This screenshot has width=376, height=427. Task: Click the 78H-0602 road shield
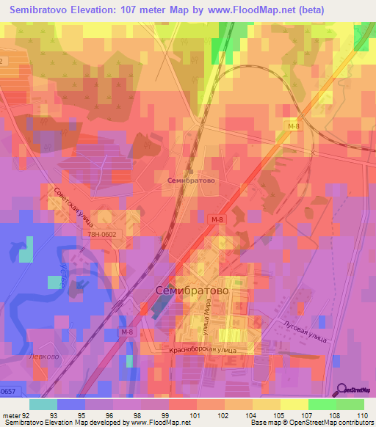pos(99,234)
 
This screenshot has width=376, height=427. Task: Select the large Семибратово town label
pos(192,291)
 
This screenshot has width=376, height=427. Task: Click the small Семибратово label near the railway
pos(190,180)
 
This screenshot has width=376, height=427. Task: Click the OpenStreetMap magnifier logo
pos(342,390)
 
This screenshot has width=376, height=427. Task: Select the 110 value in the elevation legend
pos(361,415)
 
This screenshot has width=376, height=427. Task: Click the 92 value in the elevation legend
pos(28,415)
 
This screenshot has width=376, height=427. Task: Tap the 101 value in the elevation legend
pos(195,415)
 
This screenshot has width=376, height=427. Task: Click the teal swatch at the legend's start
pos(43,404)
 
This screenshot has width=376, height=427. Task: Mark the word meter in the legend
pos(11,415)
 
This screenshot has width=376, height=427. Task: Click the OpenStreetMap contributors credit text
pos(330,423)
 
